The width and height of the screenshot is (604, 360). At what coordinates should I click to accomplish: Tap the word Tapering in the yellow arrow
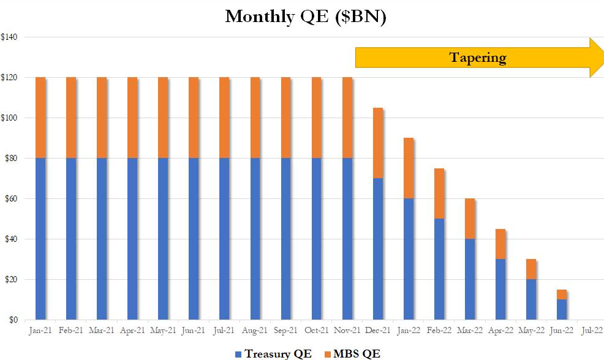(x=478, y=58)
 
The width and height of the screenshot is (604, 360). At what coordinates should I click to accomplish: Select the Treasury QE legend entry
(x=273, y=353)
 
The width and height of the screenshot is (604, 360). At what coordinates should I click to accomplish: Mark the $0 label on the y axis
(x=12, y=320)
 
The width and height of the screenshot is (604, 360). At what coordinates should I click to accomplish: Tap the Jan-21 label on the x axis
(x=40, y=331)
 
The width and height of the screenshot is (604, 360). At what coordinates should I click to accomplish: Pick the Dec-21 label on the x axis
(x=378, y=331)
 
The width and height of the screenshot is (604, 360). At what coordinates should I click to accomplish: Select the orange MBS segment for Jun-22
(x=562, y=294)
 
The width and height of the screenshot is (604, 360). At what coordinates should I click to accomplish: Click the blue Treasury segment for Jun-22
(x=562, y=310)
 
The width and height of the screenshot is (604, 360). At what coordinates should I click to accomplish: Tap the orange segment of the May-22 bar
(x=531, y=269)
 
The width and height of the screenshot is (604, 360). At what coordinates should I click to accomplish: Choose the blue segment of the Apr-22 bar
(x=500, y=289)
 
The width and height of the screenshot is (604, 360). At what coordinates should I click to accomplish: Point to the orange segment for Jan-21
(x=40, y=118)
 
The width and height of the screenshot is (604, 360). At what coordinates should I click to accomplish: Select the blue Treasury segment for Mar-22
(x=470, y=279)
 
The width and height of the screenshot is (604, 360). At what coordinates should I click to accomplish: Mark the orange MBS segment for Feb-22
(x=439, y=193)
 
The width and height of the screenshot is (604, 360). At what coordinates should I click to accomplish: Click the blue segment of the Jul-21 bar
(x=224, y=239)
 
